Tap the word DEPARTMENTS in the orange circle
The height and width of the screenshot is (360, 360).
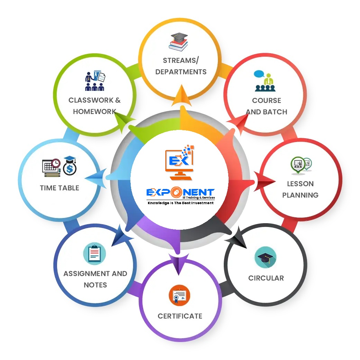pos(181,72)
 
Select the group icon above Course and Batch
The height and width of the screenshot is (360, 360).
pos(265,81)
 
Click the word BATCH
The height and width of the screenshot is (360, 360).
pos(276,112)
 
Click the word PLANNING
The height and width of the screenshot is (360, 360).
pos(300,195)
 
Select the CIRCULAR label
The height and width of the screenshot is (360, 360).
pos(266,278)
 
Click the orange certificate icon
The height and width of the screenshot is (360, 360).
pos(179,295)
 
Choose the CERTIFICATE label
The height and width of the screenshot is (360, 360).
pos(180,316)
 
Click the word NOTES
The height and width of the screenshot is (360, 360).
pos(95,285)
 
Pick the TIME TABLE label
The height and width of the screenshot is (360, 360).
pos(59,188)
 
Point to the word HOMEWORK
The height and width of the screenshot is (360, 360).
pos(94,112)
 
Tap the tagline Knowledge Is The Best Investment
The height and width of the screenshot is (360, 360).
pos(181,203)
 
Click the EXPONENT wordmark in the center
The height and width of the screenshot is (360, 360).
pos(180,192)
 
